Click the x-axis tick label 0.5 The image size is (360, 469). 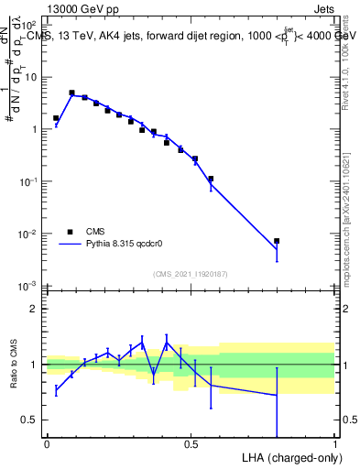pyautogui.click(x=191, y=444)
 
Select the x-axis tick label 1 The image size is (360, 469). pyautogui.click(x=334, y=444)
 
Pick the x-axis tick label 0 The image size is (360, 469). pyautogui.click(x=47, y=444)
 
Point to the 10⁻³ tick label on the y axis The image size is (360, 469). pyautogui.click(x=29, y=287)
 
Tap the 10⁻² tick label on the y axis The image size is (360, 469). pyautogui.click(x=29, y=234)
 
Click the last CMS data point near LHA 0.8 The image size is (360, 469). pyautogui.click(x=277, y=241)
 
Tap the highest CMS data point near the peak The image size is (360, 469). pyautogui.click(x=71, y=93)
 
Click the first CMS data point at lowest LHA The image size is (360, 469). pyautogui.click(x=56, y=118)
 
